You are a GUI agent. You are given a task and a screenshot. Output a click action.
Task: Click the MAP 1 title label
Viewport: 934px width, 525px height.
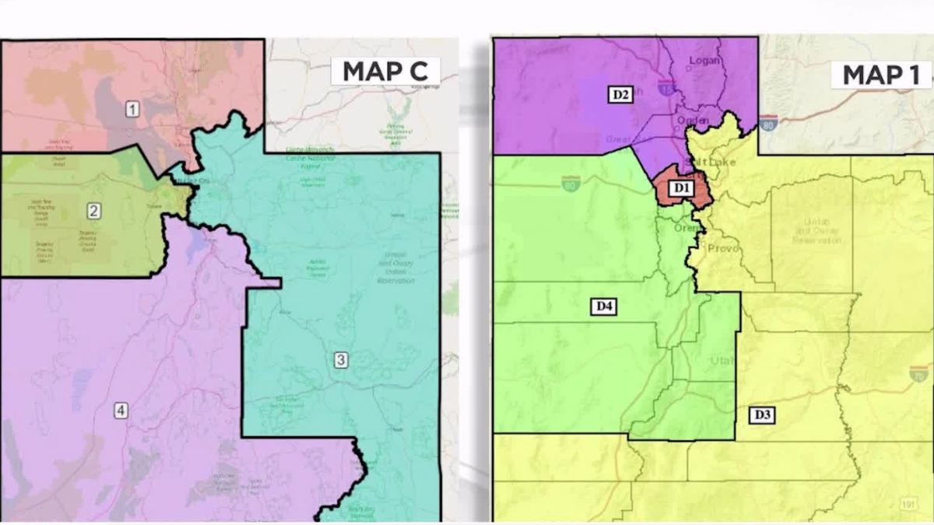click(875, 75)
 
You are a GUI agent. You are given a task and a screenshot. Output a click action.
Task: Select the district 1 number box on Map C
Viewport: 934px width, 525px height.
click(132, 109)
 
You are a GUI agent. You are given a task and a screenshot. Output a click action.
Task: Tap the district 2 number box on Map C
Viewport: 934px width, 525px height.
click(93, 210)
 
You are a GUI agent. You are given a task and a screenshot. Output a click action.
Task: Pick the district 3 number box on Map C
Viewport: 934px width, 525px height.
click(341, 359)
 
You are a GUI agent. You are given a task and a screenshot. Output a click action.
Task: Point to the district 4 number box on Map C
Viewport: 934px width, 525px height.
click(120, 411)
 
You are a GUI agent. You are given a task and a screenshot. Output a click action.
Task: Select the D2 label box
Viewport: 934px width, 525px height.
click(620, 95)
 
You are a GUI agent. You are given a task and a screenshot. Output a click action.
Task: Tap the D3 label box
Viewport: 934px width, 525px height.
click(762, 415)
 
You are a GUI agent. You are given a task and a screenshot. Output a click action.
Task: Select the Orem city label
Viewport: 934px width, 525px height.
click(686, 230)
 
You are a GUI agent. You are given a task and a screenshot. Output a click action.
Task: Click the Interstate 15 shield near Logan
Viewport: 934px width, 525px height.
click(665, 88)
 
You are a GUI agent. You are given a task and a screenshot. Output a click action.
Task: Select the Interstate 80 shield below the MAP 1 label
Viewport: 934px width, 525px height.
click(770, 123)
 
